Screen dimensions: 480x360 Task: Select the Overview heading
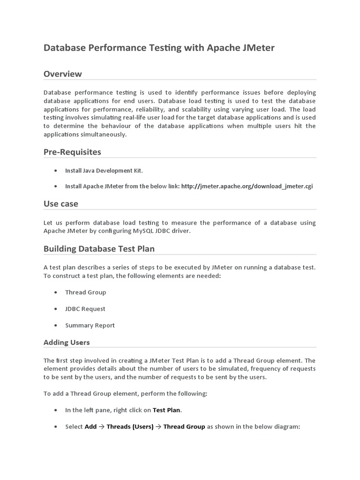coord(62,74)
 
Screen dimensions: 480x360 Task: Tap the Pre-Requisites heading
coord(72,152)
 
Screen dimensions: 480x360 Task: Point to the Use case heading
coord(61,203)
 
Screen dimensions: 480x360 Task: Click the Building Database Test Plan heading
coord(99,248)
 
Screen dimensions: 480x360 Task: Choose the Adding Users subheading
coord(67,342)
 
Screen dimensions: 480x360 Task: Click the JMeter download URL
coord(247,186)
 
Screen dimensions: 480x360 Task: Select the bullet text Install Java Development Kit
coord(104,171)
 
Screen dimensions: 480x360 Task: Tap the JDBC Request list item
coord(85,309)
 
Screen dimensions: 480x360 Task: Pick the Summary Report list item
coord(90,325)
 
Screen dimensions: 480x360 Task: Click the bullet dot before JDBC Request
coord(55,309)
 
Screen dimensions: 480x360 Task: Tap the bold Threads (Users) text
coord(130,427)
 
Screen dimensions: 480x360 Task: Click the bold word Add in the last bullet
coord(90,427)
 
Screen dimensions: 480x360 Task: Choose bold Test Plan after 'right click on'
coord(166,410)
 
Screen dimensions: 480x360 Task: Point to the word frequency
coord(265,369)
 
